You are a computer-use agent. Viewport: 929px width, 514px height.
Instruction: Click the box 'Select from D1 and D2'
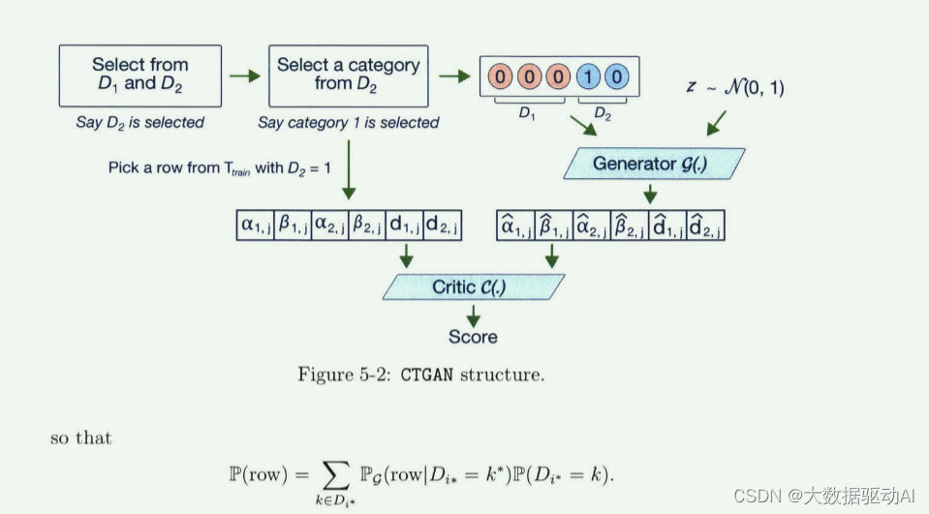pos(140,75)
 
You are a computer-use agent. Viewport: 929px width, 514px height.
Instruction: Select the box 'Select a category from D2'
pos(348,75)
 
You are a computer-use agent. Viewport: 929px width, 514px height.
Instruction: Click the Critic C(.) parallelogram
pos(474,287)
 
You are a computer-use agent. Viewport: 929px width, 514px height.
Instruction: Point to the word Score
pos(473,337)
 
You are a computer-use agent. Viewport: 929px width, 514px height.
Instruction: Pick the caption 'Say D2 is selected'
pos(140,123)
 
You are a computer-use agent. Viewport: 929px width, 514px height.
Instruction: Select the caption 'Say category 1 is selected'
pos(348,123)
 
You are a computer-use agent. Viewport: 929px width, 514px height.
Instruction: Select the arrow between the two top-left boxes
pos(245,75)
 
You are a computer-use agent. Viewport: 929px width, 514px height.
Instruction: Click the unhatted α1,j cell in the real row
pos(256,226)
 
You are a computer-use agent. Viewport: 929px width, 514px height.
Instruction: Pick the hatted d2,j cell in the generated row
pos(705,226)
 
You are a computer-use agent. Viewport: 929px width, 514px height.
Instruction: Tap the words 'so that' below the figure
pos(80,438)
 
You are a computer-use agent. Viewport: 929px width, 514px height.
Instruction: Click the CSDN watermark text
pos(823,496)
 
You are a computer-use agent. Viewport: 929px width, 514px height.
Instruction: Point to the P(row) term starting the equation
pos(261,475)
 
